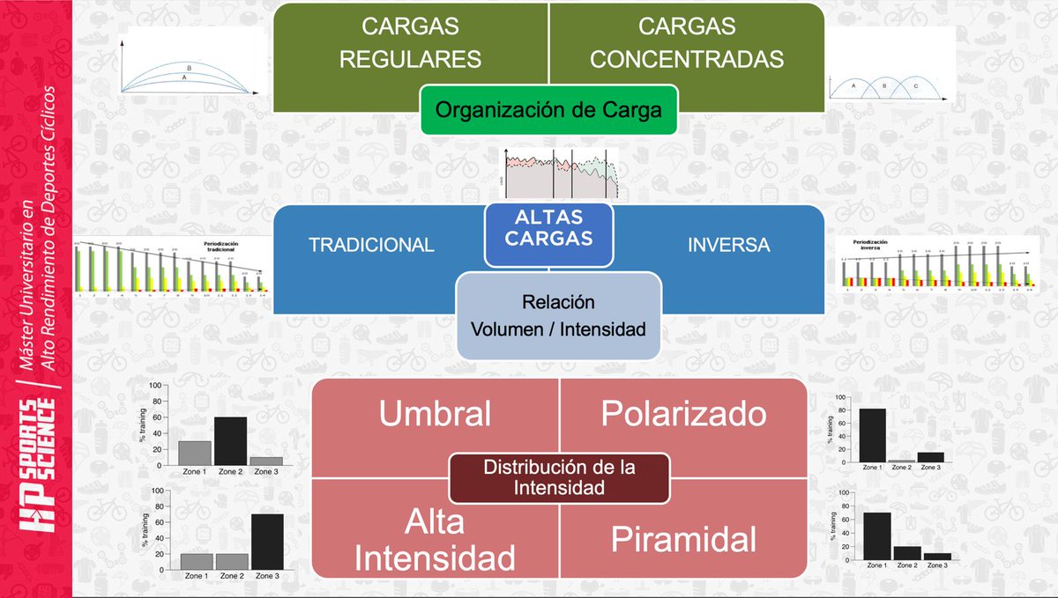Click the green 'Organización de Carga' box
(x=548, y=110)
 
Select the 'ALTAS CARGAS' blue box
(x=548, y=226)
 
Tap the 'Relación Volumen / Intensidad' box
(x=558, y=315)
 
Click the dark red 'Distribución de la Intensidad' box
(x=559, y=476)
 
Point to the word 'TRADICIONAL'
(x=371, y=246)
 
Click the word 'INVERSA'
(x=728, y=246)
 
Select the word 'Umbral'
(x=435, y=414)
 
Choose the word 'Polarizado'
(x=683, y=414)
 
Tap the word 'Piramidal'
(x=683, y=539)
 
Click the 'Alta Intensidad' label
(x=435, y=539)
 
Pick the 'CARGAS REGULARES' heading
(x=411, y=42)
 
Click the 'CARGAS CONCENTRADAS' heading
(x=687, y=42)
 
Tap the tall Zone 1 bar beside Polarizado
(x=872, y=437)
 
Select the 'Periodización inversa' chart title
(x=870, y=244)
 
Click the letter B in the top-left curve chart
(x=189, y=68)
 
